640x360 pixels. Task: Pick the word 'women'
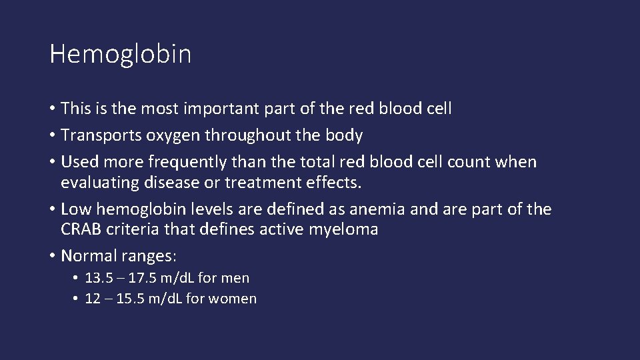pos(232,299)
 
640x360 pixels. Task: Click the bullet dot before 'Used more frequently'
pos(53,163)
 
